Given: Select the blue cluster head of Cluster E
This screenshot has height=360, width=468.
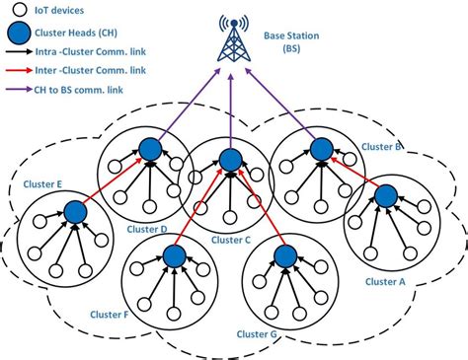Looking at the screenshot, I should [x=73, y=210].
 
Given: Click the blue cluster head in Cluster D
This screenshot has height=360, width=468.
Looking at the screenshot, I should [x=150, y=149].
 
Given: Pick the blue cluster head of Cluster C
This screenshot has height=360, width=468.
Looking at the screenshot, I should [x=230, y=158].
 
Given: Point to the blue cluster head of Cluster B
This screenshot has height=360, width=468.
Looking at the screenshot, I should [x=319, y=149].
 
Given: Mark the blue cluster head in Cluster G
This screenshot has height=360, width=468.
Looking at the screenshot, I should [x=286, y=256].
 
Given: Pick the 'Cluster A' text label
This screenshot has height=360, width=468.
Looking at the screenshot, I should [x=386, y=281].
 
